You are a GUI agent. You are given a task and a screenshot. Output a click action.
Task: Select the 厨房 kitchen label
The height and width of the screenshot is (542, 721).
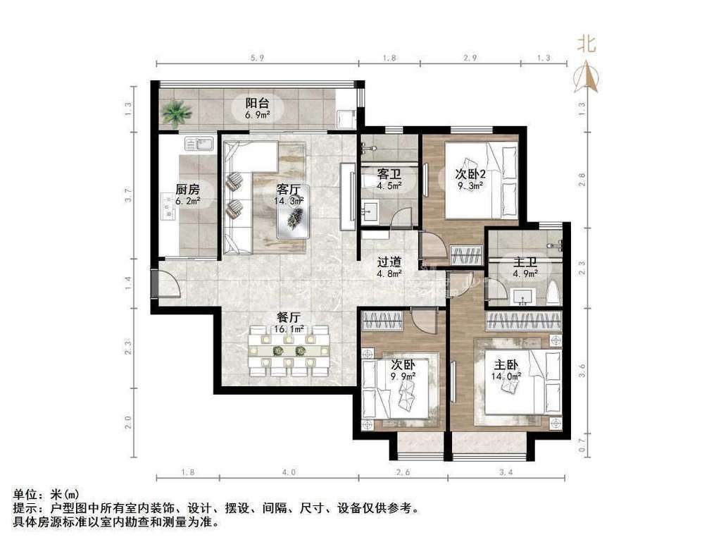click(187, 189)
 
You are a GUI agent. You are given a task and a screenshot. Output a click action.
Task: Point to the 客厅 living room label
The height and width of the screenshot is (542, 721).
click(289, 189)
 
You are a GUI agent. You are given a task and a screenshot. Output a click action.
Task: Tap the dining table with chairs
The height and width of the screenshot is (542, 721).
click(290, 350)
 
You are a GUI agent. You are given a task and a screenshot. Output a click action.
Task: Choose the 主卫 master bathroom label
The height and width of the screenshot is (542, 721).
click(525, 261)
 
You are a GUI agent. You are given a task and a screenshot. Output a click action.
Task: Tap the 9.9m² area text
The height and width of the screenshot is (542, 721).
click(403, 376)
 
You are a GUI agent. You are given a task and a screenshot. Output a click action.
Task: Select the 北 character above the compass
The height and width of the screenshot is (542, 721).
click(587, 44)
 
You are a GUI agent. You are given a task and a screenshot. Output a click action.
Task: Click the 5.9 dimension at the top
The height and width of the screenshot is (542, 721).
click(256, 60)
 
